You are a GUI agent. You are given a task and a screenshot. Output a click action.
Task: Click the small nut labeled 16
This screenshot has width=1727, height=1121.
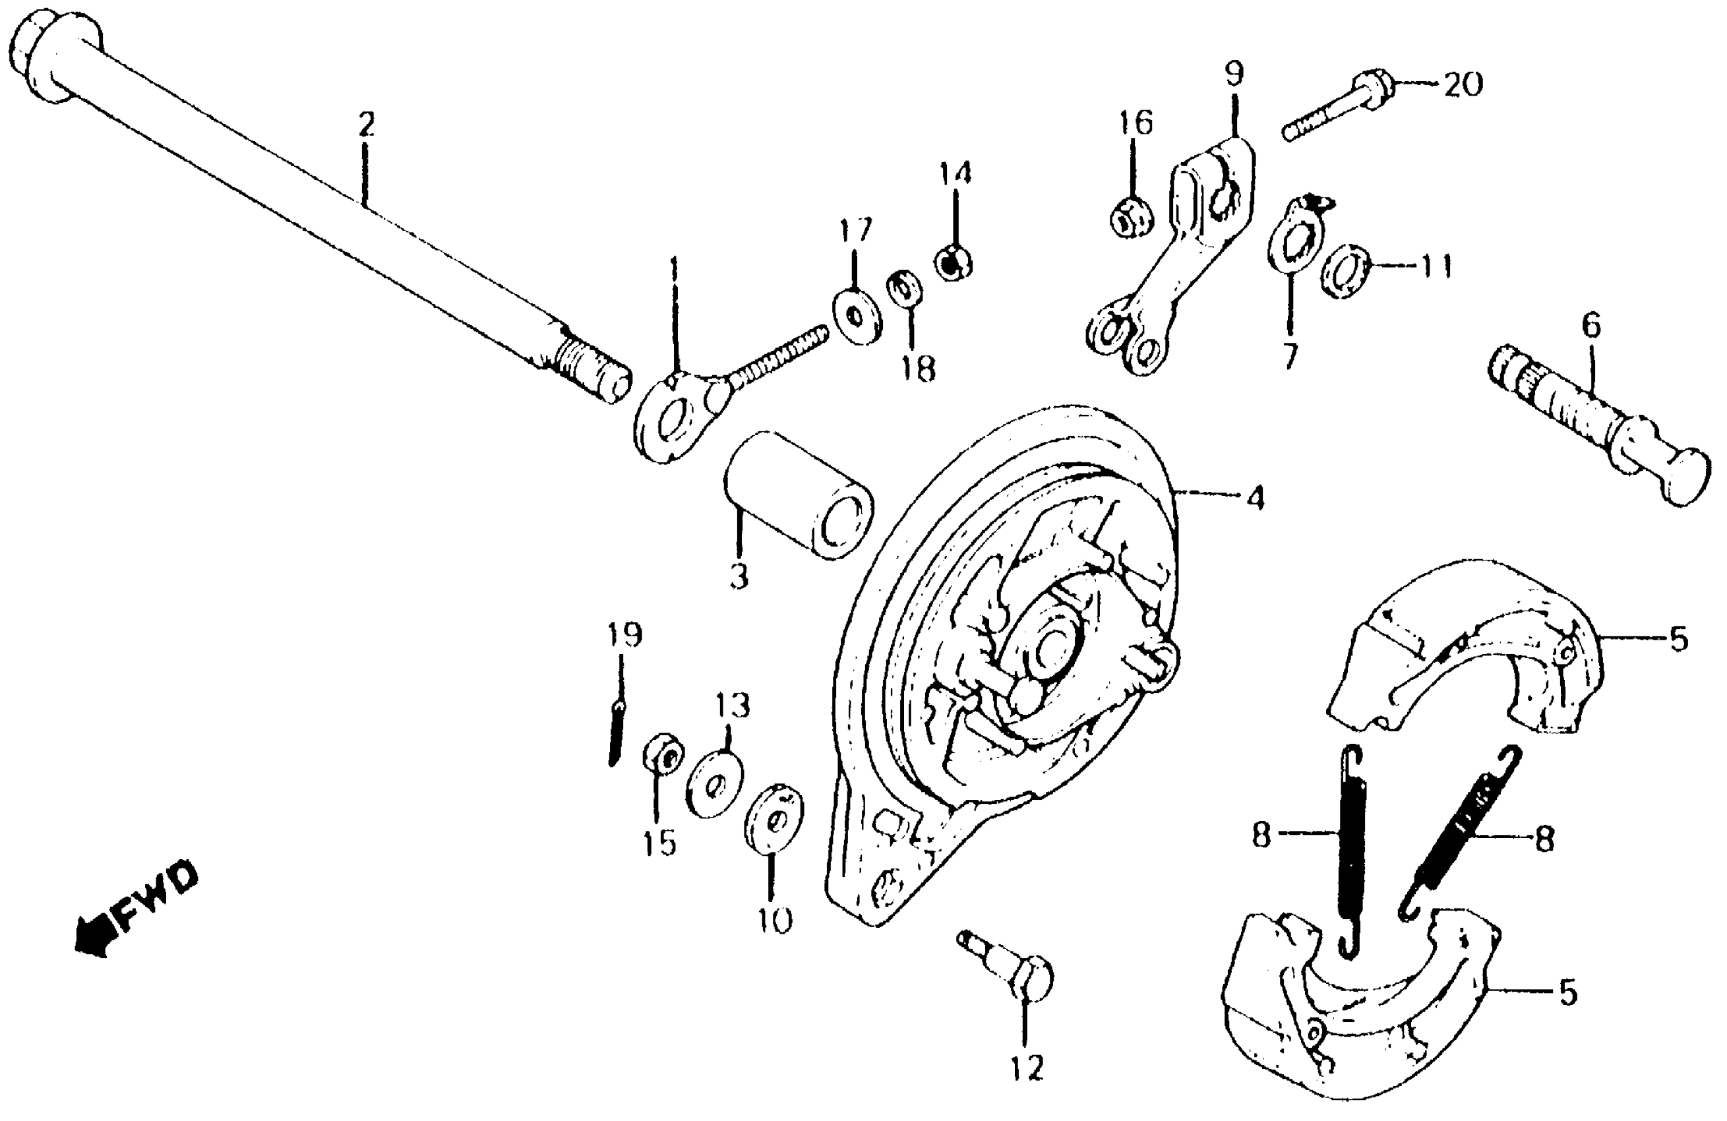pos(1132,217)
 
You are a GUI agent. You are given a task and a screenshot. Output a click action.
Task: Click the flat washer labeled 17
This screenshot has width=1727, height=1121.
pos(857,317)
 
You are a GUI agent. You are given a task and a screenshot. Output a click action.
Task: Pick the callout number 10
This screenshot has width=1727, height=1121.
pos(774,921)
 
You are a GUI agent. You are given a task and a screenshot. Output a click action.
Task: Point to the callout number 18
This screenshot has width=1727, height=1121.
pos(918,369)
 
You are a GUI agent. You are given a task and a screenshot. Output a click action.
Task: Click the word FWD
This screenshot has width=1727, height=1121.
pos(156,897)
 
